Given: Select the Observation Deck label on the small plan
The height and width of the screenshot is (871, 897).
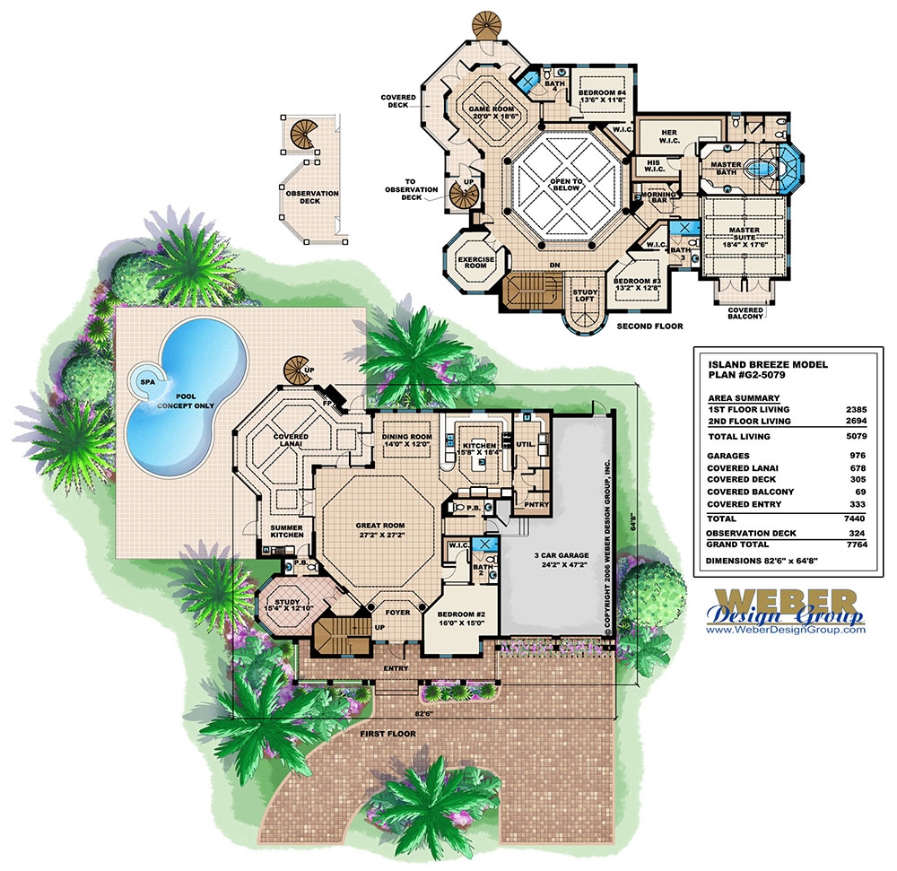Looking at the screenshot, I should [x=312, y=197].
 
